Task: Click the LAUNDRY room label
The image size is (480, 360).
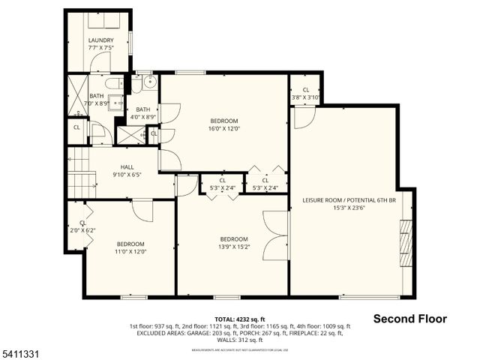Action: point(100,40)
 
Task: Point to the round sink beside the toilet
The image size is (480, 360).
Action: point(148,82)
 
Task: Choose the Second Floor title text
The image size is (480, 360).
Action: point(409,319)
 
